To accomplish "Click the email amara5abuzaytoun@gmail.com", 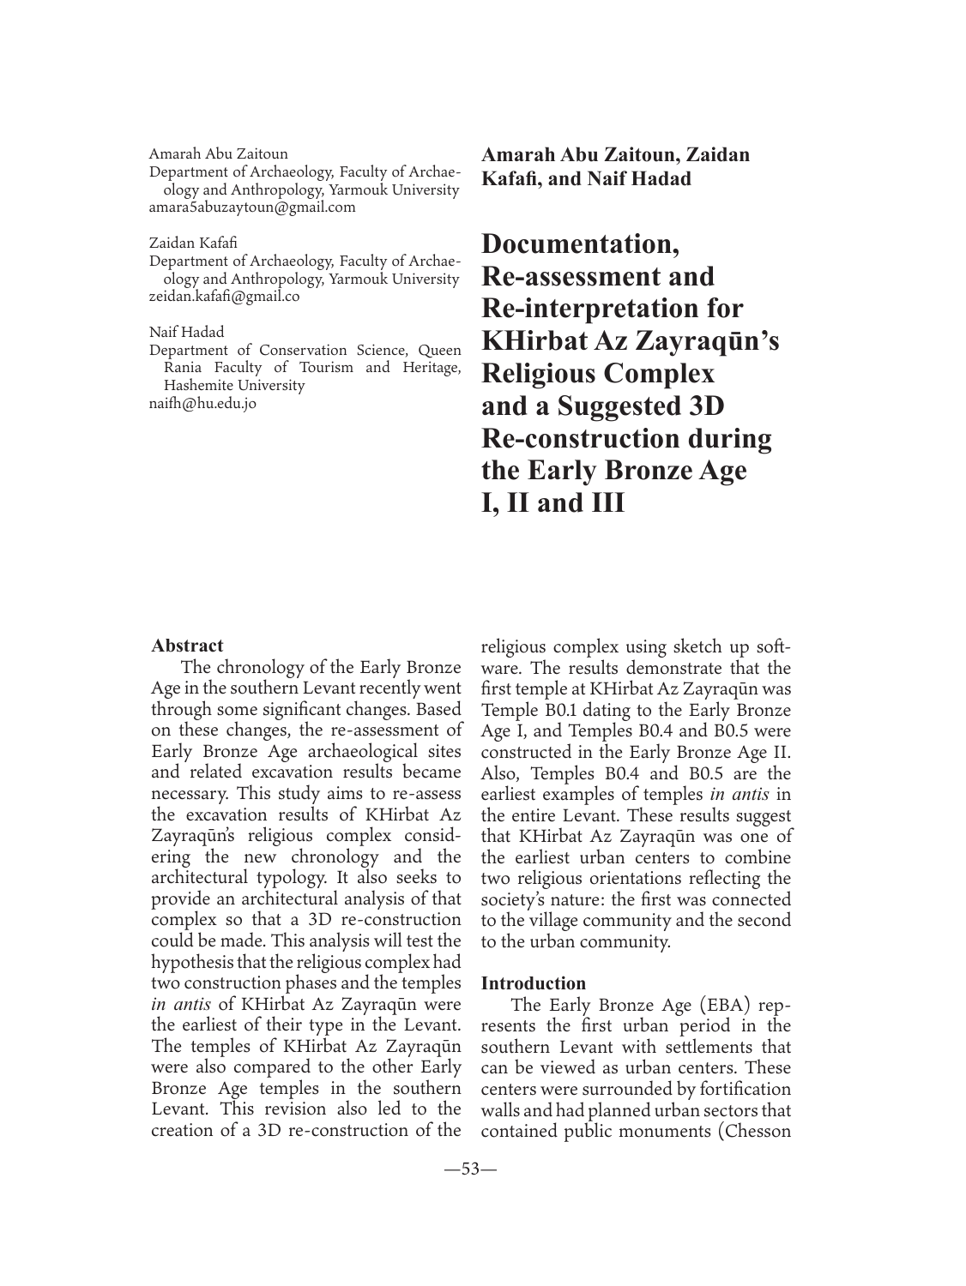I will coord(251,207).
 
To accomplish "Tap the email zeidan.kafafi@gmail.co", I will coord(224,297).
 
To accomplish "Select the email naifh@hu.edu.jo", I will coord(202,403).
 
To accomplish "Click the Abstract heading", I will coord(187,646).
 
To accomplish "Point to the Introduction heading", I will coord(534,983).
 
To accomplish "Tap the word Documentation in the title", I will coord(581,244).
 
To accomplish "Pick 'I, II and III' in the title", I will coord(553,502).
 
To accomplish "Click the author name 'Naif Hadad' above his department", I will coord(186,332).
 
